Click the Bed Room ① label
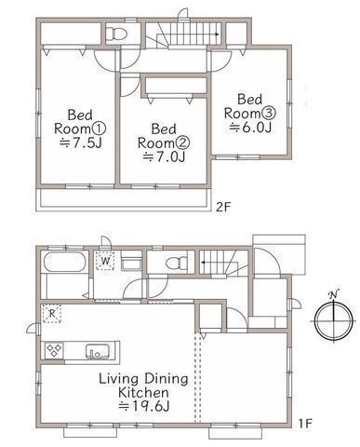80,122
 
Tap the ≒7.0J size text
164,157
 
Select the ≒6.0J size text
250,128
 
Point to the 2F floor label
223,207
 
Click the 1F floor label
305,424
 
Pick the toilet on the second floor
116,34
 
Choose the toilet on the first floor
177,264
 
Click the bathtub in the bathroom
65,263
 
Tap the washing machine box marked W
105,261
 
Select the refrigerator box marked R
52,314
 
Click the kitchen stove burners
54,350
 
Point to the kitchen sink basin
98,351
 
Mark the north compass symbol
333,319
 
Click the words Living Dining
143,379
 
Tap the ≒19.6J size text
144,406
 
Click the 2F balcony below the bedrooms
122,199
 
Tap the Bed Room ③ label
250,106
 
